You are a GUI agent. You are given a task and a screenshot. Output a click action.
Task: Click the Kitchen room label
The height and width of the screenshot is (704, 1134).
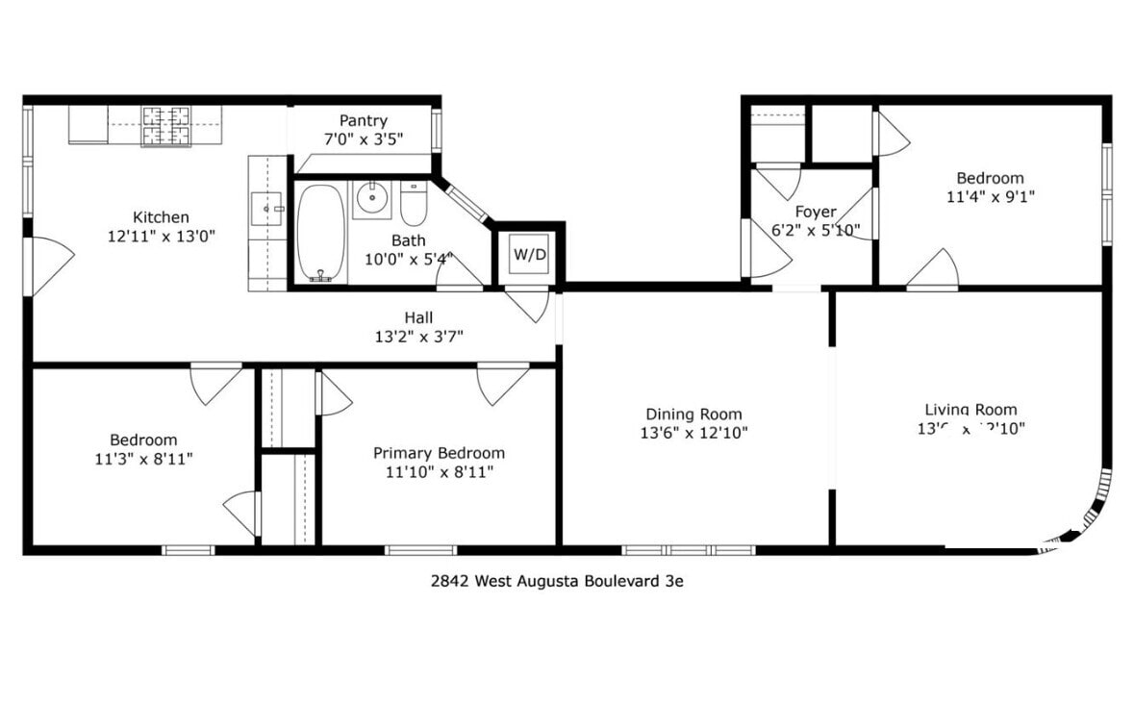pos(161,217)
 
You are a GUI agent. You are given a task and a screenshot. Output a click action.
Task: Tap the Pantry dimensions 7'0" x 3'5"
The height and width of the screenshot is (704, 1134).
pos(363,138)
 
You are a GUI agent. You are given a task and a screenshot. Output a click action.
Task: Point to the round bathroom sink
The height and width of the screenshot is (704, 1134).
pos(371,199)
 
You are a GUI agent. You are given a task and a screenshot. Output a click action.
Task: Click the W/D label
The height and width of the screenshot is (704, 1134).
pos(528,255)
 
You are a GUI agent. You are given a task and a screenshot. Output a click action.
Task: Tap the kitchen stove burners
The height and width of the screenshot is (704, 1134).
pos(168,126)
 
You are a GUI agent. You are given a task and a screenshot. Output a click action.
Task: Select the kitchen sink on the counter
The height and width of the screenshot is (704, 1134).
pos(266,207)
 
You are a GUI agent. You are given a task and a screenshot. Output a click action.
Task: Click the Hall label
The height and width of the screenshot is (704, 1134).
pos(418,317)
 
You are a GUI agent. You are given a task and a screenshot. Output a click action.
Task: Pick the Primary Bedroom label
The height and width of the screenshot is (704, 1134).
pos(439,453)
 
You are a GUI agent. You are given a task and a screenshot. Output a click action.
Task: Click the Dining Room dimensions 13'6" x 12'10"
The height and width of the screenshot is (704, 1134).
pos(693,433)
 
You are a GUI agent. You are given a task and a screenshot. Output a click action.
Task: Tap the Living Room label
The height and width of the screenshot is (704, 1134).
pos(970,410)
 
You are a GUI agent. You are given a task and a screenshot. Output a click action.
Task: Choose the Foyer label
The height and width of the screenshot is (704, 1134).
pos(815,212)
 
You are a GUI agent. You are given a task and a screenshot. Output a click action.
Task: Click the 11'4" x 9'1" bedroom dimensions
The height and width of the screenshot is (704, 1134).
pos(990,196)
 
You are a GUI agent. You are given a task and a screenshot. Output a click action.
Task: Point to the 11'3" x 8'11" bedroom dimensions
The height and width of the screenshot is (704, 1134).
pos(143,459)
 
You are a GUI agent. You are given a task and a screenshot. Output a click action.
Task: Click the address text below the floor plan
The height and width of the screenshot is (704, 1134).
pos(557,581)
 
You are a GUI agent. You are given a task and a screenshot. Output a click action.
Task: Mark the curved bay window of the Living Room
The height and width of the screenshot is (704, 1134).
pos(1092,515)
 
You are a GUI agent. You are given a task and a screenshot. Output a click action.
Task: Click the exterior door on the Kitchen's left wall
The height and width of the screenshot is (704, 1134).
pos(48,266)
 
